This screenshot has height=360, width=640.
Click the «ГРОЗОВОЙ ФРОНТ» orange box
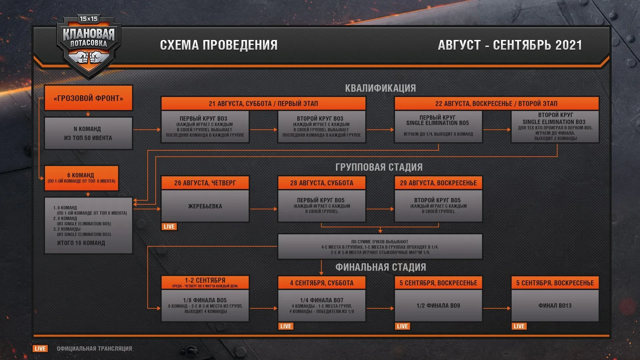[x=88, y=98]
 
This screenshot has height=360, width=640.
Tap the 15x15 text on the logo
[x=89, y=19]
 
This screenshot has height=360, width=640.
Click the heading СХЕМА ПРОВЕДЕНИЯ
[x=219, y=45]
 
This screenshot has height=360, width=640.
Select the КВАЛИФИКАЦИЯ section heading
[x=380, y=88]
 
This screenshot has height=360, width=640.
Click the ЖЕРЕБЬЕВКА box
[x=205, y=206]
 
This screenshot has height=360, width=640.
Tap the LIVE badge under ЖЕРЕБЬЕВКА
[x=169, y=227]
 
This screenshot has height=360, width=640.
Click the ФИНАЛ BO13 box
[x=555, y=306]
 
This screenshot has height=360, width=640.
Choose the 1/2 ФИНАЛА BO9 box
[x=438, y=306]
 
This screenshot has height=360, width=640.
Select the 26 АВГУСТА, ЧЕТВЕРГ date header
[x=205, y=183]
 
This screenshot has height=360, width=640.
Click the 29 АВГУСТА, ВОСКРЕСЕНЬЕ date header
[x=438, y=183]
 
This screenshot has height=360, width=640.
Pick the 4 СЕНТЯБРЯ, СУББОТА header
[x=322, y=283]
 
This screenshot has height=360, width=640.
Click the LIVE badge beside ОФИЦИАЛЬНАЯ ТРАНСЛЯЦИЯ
[x=40, y=349]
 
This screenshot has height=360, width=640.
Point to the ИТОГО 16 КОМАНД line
[x=81, y=243]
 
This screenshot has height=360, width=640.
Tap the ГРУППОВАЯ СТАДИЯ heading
[x=379, y=167]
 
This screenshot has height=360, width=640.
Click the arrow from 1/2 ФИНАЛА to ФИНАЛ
[x=497, y=308]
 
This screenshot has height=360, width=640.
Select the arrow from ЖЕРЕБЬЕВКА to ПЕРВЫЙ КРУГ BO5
[x=263, y=209]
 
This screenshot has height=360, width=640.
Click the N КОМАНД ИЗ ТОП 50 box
[x=88, y=133]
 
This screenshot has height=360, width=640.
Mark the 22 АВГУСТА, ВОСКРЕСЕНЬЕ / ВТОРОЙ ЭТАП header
[x=496, y=103]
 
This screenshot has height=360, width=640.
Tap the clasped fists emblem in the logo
[x=88, y=58]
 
